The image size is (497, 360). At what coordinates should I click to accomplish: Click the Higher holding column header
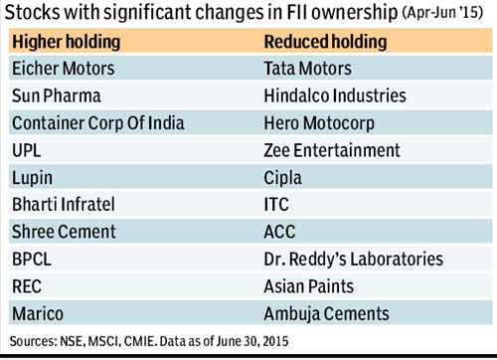click(x=66, y=42)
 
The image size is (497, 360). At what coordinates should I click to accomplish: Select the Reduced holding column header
click(x=325, y=42)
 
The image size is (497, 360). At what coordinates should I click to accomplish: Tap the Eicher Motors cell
click(x=64, y=69)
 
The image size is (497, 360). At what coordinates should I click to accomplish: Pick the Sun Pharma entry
click(x=57, y=95)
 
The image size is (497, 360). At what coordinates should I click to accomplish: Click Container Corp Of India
click(x=98, y=123)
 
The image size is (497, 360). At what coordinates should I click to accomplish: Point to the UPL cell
click(x=27, y=150)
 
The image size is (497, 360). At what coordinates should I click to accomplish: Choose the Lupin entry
click(x=32, y=178)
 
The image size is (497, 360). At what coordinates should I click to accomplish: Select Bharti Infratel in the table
click(x=64, y=204)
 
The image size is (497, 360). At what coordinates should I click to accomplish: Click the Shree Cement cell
click(x=64, y=232)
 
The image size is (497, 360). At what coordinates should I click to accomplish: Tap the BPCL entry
click(x=32, y=259)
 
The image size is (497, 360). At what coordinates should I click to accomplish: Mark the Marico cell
click(x=38, y=313)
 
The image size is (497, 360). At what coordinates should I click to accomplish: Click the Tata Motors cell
click(x=307, y=69)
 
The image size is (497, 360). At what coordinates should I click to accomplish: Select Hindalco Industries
click(x=335, y=95)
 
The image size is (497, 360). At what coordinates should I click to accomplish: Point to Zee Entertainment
click(x=332, y=150)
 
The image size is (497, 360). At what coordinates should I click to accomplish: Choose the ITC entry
click(x=276, y=204)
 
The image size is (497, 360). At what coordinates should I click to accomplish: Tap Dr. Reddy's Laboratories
click(x=353, y=259)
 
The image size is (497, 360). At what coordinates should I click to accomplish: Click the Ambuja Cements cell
click(x=326, y=313)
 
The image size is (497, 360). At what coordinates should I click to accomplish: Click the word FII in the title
click(x=295, y=12)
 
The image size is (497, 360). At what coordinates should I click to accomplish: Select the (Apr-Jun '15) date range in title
click(x=442, y=13)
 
